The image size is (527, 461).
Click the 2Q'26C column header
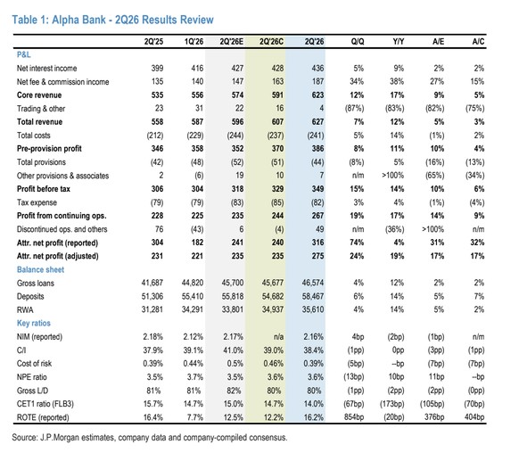pyautogui.click(x=271, y=41)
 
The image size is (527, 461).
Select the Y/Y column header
pyautogui.click(x=399, y=41)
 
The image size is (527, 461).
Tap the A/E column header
pyautogui.click(x=438, y=41)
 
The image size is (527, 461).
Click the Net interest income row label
pyautogui.click(x=46, y=68)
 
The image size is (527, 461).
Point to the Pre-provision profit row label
pyautogui.click(x=49, y=149)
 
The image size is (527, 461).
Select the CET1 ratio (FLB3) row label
pyautogui.click(x=45, y=404)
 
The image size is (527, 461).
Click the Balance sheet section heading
pyautogui.click(x=40, y=269)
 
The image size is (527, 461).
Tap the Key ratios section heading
pyautogui.click(x=34, y=323)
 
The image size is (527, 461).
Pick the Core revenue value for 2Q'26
pyautogui.click(x=317, y=95)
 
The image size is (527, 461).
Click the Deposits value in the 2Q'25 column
pyautogui.click(x=152, y=296)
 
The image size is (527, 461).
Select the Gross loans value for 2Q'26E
pyautogui.click(x=233, y=283)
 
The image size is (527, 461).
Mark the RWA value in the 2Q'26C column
pyautogui.click(x=273, y=309)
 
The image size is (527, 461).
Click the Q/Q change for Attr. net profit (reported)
pyautogui.click(x=357, y=243)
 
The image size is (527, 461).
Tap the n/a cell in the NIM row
pyautogui.click(x=278, y=337)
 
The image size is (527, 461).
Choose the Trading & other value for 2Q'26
pyautogui.click(x=322, y=108)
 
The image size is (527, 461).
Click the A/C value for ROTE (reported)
pyautogui.click(x=474, y=417)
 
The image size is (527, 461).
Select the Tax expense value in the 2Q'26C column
pyautogui.click(x=277, y=202)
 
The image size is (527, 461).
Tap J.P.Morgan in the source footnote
pyautogui.click(x=62, y=438)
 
